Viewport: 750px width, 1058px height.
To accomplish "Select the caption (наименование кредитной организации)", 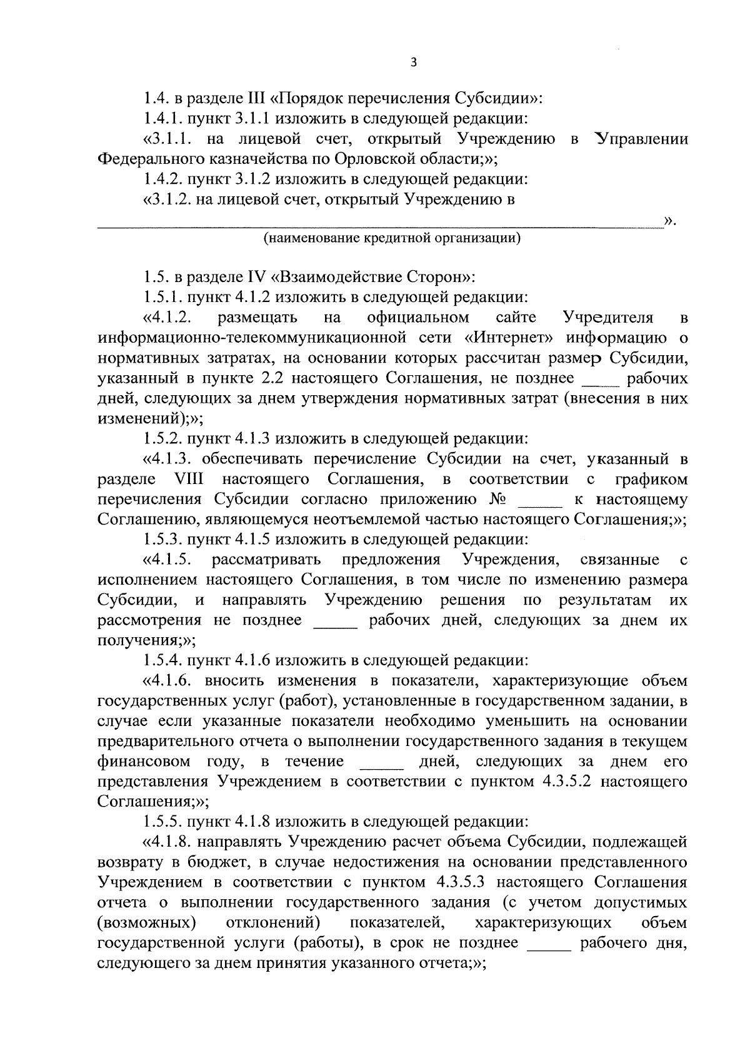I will [x=392, y=238].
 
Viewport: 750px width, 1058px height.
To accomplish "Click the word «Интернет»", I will [x=511, y=338].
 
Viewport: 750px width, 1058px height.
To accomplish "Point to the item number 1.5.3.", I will [x=164, y=539].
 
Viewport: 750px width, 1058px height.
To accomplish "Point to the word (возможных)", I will [x=144, y=924].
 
